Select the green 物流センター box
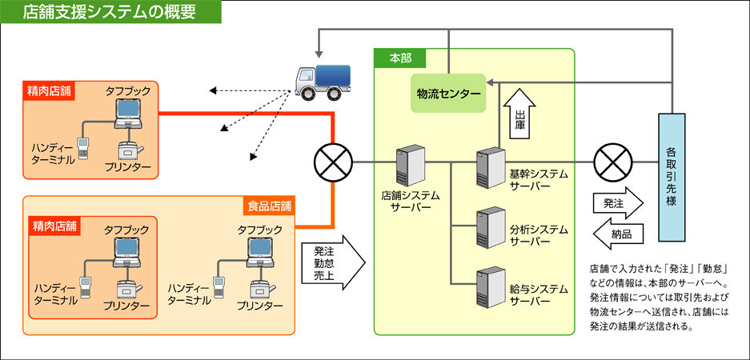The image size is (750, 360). [448, 94]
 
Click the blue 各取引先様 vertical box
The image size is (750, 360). [671, 177]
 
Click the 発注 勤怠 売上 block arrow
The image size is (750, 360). [331, 262]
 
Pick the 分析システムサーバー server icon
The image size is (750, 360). [487, 226]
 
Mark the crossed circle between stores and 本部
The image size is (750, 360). [331, 164]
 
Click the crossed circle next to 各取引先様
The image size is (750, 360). [612, 164]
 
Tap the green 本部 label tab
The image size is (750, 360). [399, 58]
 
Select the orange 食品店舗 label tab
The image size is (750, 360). [267, 206]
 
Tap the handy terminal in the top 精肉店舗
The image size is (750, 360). [82, 146]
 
